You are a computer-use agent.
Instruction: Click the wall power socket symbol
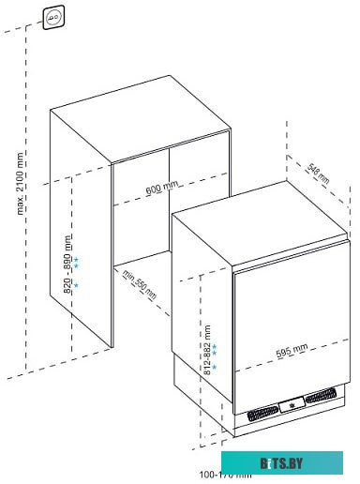point(53,13)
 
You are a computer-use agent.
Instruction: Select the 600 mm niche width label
point(161,189)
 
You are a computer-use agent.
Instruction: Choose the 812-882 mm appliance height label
point(206,351)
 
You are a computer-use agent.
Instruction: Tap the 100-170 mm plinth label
point(224,475)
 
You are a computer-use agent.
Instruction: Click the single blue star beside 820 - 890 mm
point(77,284)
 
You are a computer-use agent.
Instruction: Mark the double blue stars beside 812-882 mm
point(215,351)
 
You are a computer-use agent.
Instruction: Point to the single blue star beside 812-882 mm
point(215,368)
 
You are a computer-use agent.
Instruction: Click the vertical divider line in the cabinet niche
point(168,197)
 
